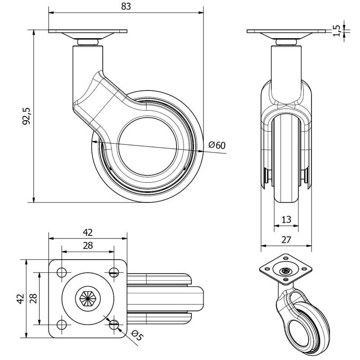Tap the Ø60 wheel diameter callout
pos(217,145)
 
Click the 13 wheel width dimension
pos(286,219)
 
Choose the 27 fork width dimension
pos(286,240)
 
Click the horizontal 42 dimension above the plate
pos(88,232)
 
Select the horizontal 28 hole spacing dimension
pos(88,245)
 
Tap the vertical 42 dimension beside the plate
pos(20,298)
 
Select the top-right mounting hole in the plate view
pos(113,272)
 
